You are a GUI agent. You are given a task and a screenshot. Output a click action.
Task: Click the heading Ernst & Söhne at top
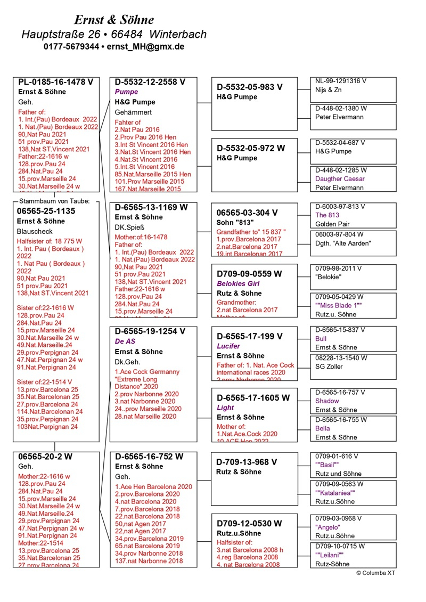tap(114, 20)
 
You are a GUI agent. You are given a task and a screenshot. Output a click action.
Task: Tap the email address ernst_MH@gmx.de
tap(145, 47)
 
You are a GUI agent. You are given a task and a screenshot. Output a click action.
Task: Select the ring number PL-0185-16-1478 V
tap(56, 82)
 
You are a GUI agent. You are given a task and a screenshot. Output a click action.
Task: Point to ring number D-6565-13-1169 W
tap(150, 207)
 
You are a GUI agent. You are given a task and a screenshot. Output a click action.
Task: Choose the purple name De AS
tap(126, 341)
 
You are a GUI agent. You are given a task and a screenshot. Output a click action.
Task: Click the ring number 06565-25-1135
tap(46, 211)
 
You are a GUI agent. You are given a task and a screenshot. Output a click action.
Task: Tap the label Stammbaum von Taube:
tap(54, 201)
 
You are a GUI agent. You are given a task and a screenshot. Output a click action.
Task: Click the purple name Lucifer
tap(228, 346)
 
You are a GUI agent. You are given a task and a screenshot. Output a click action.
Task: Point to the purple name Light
tap(225, 408)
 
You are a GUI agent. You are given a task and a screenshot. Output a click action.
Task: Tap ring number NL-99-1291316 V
tap(341, 81)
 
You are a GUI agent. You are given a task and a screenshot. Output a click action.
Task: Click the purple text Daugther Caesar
tap(340, 179)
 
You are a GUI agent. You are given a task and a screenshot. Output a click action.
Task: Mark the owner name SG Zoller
tap(331, 367)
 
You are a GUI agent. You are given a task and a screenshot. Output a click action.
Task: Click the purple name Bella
tap(323, 428)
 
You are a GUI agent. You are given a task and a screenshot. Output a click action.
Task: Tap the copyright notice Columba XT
tap(376, 573)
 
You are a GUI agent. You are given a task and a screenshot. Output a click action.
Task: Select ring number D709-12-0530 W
tap(249, 523)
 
